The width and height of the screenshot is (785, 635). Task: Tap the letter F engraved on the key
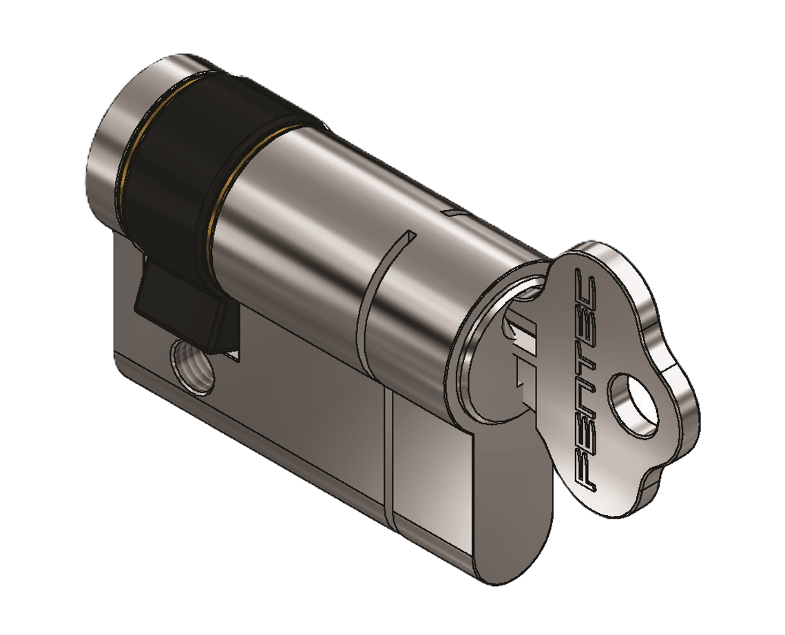pyautogui.click(x=584, y=468)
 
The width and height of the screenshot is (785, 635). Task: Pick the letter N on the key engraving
pyautogui.click(x=584, y=395)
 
